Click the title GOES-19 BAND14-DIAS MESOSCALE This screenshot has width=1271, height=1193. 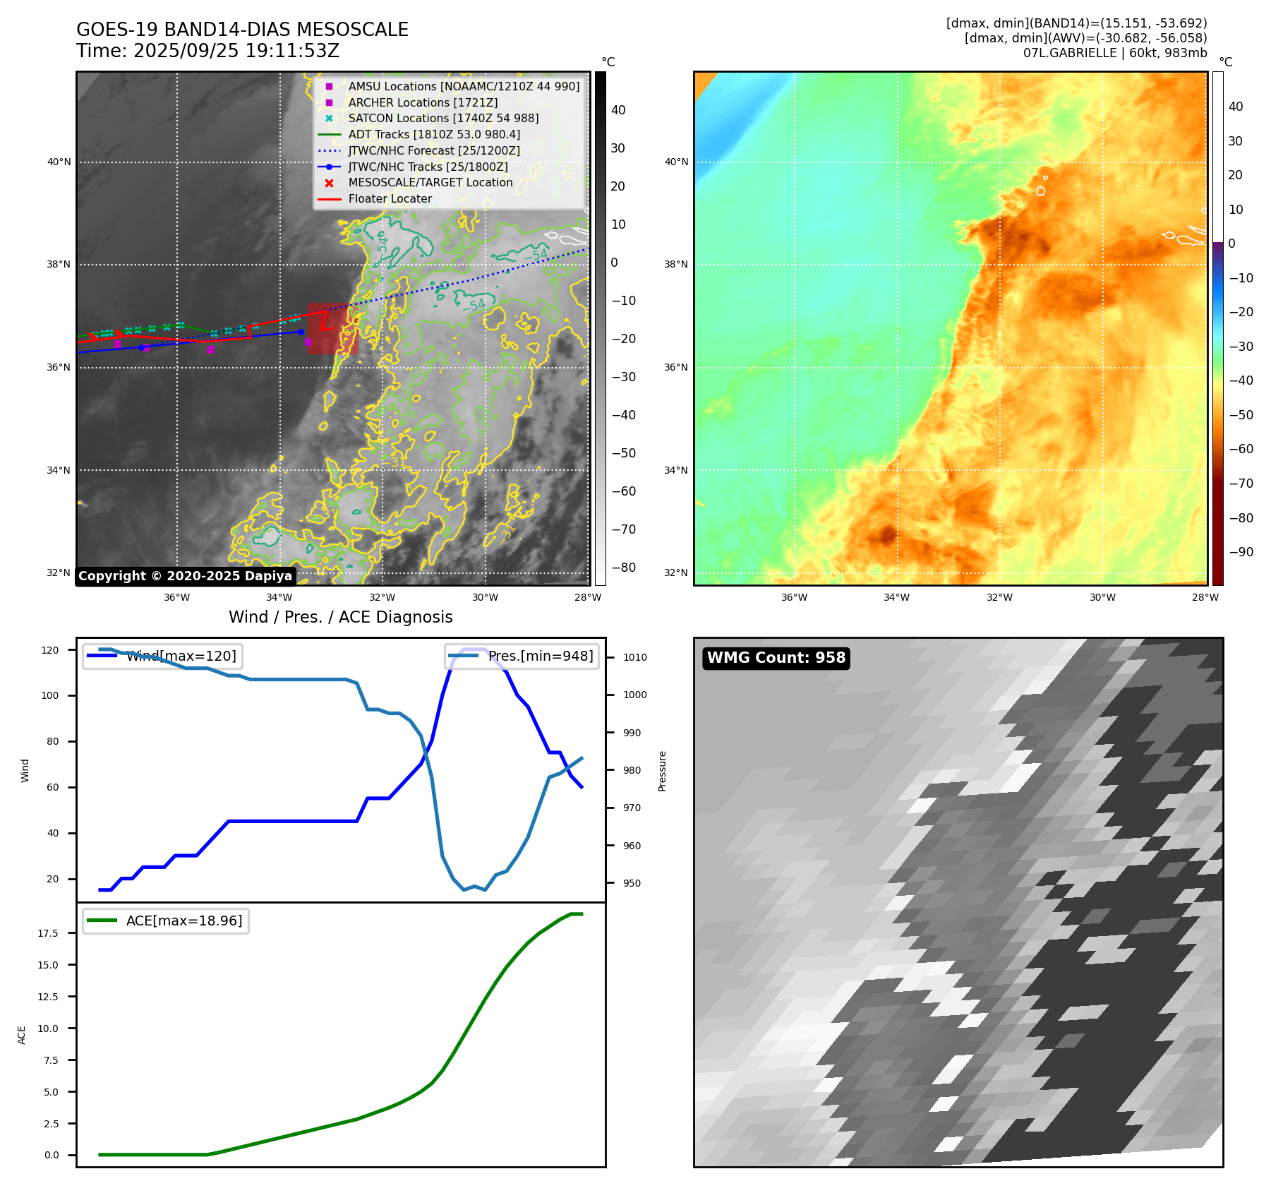(x=242, y=30)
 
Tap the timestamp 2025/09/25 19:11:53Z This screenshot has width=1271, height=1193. (x=236, y=51)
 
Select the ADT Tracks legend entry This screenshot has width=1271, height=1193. (x=433, y=134)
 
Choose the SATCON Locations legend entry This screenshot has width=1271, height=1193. (x=442, y=118)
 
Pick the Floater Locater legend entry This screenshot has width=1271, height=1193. (x=390, y=198)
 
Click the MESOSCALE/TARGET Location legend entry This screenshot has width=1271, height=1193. (x=430, y=182)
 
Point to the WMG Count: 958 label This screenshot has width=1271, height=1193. (x=776, y=658)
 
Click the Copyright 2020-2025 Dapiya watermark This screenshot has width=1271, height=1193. (x=185, y=576)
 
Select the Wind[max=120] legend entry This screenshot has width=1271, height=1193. (x=181, y=656)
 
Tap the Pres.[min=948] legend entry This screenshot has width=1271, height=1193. (x=541, y=656)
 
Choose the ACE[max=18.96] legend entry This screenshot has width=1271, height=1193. (x=183, y=921)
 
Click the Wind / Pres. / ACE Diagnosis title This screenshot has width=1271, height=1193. (x=340, y=617)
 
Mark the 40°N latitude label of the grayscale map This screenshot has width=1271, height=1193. (x=59, y=162)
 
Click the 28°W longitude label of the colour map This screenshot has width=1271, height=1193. (x=1205, y=597)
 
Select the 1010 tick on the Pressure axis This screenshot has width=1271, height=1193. (x=634, y=657)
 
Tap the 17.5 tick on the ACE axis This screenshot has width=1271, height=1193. (x=48, y=933)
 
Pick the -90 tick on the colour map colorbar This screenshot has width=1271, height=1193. (x=1241, y=552)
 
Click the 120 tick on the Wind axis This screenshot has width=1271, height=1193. (x=50, y=650)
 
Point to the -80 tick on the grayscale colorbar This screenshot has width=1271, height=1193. (x=623, y=568)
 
